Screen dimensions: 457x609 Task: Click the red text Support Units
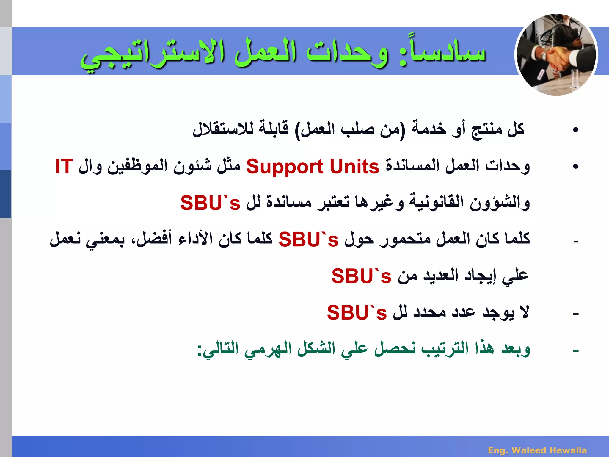point(313,167)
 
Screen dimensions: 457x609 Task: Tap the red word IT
point(64,167)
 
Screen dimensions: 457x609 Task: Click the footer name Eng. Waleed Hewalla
point(537,450)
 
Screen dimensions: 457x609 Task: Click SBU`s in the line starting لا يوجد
point(357,313)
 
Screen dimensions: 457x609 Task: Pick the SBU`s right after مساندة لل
point(210,203)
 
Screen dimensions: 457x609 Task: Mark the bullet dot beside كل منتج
point(576,130)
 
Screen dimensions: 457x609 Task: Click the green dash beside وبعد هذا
point(576,351)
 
